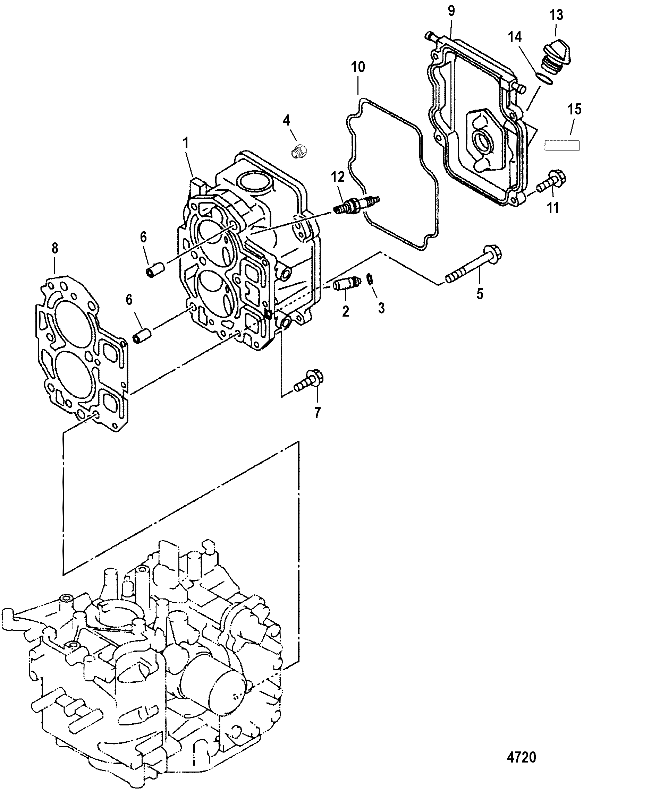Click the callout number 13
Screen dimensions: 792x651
pyautogui.click(x=556, y=15)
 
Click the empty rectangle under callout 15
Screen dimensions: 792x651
pyautogui.click(x=562, y=145)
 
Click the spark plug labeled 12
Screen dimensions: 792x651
pyautogui.click(x=357, y=205)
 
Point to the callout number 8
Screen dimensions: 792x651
pyautogui.click(x=55, y=248)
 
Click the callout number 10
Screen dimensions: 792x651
pyautogui.click(x=358, y=67)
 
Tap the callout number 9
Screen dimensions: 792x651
pyautogui.click(x=451, y=11)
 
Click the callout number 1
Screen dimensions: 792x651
pyautogui.click(x=185, y=143)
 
